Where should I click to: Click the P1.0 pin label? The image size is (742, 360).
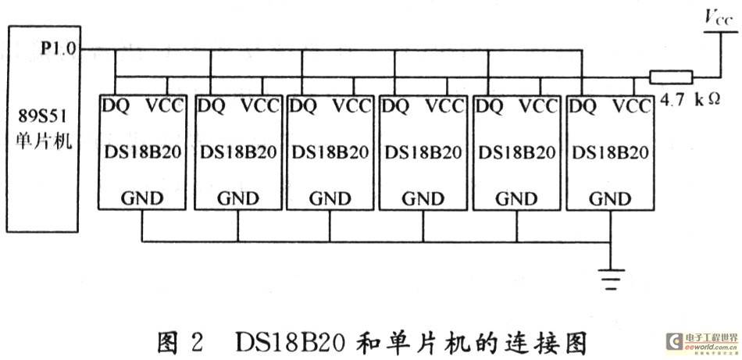pos(59,48)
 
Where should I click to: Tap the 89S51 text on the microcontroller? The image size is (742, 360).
pos(41,115)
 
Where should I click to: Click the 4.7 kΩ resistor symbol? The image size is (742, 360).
pos(671,77)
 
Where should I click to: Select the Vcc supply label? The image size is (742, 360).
pos(718,19)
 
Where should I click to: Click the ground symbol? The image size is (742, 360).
pos(611,279)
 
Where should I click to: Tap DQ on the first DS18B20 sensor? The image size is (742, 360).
pos(115,106)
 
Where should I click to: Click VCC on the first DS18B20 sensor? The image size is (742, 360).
pos(164,106)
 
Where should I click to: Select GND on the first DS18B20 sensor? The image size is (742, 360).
pos(142,198)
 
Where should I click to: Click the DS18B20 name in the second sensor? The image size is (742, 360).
pos(238,152)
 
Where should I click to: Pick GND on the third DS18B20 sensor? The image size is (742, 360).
pos(330,198)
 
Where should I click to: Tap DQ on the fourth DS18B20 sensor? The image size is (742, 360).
pos(396,106)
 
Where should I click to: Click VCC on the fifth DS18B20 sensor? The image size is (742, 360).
pos(538,106)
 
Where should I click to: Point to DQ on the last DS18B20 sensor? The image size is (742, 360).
pos(583,106)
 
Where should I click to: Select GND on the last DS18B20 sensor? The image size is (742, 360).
pos(610,198)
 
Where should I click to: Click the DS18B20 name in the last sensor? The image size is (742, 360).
pos(610,152)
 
